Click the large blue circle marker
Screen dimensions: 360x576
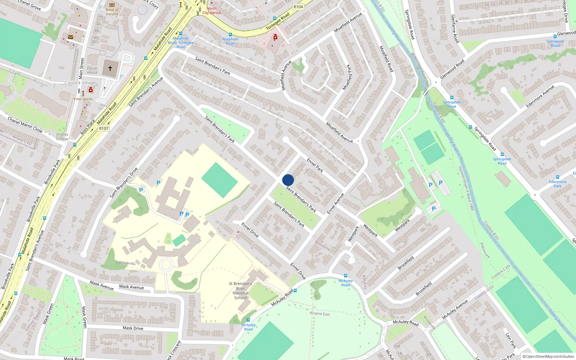288,180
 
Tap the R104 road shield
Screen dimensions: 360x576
298,7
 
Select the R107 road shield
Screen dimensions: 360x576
104,129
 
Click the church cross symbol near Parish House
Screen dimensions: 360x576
110,68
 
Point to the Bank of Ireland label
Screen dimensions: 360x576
112,12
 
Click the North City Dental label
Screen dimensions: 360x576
212,10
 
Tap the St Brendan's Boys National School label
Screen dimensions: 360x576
240,291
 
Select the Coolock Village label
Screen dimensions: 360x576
80,83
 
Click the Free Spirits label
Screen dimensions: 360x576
83,99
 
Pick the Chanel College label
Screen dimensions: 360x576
62,137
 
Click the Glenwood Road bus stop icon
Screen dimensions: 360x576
555,36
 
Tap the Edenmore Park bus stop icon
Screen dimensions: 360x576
557,177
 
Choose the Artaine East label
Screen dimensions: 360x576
320,314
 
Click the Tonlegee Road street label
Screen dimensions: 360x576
278,22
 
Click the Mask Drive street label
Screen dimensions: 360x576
133,328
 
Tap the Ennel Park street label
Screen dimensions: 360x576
315,165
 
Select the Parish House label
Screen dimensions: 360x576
92,70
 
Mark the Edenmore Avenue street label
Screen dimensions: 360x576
540,96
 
